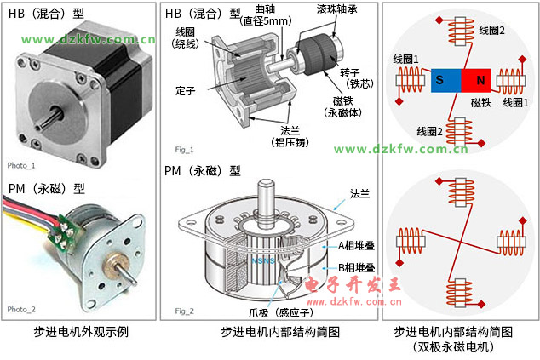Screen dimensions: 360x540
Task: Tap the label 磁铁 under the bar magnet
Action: [482, 102]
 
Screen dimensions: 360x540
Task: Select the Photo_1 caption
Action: [21, 165]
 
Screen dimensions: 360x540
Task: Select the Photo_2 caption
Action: [21, 309]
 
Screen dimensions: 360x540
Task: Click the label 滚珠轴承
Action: [337, 9]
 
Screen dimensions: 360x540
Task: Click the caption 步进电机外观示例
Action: [80, 332]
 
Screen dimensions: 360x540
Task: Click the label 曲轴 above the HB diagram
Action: [266, 9]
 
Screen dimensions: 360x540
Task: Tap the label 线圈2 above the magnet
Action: [491, 30]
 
